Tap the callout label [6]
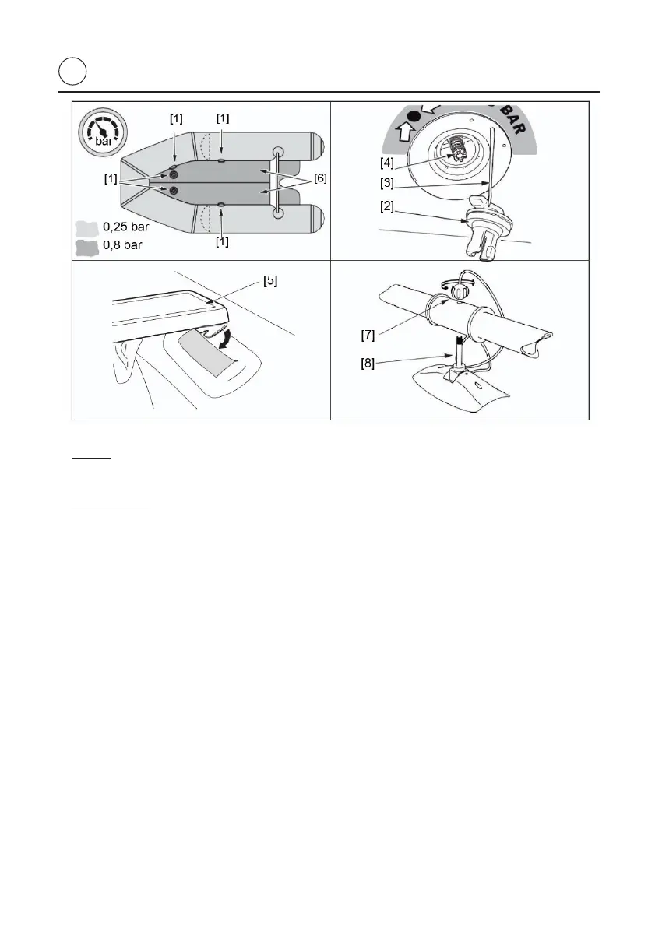click(320, 178)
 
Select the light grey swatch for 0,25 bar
click(84, 229)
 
